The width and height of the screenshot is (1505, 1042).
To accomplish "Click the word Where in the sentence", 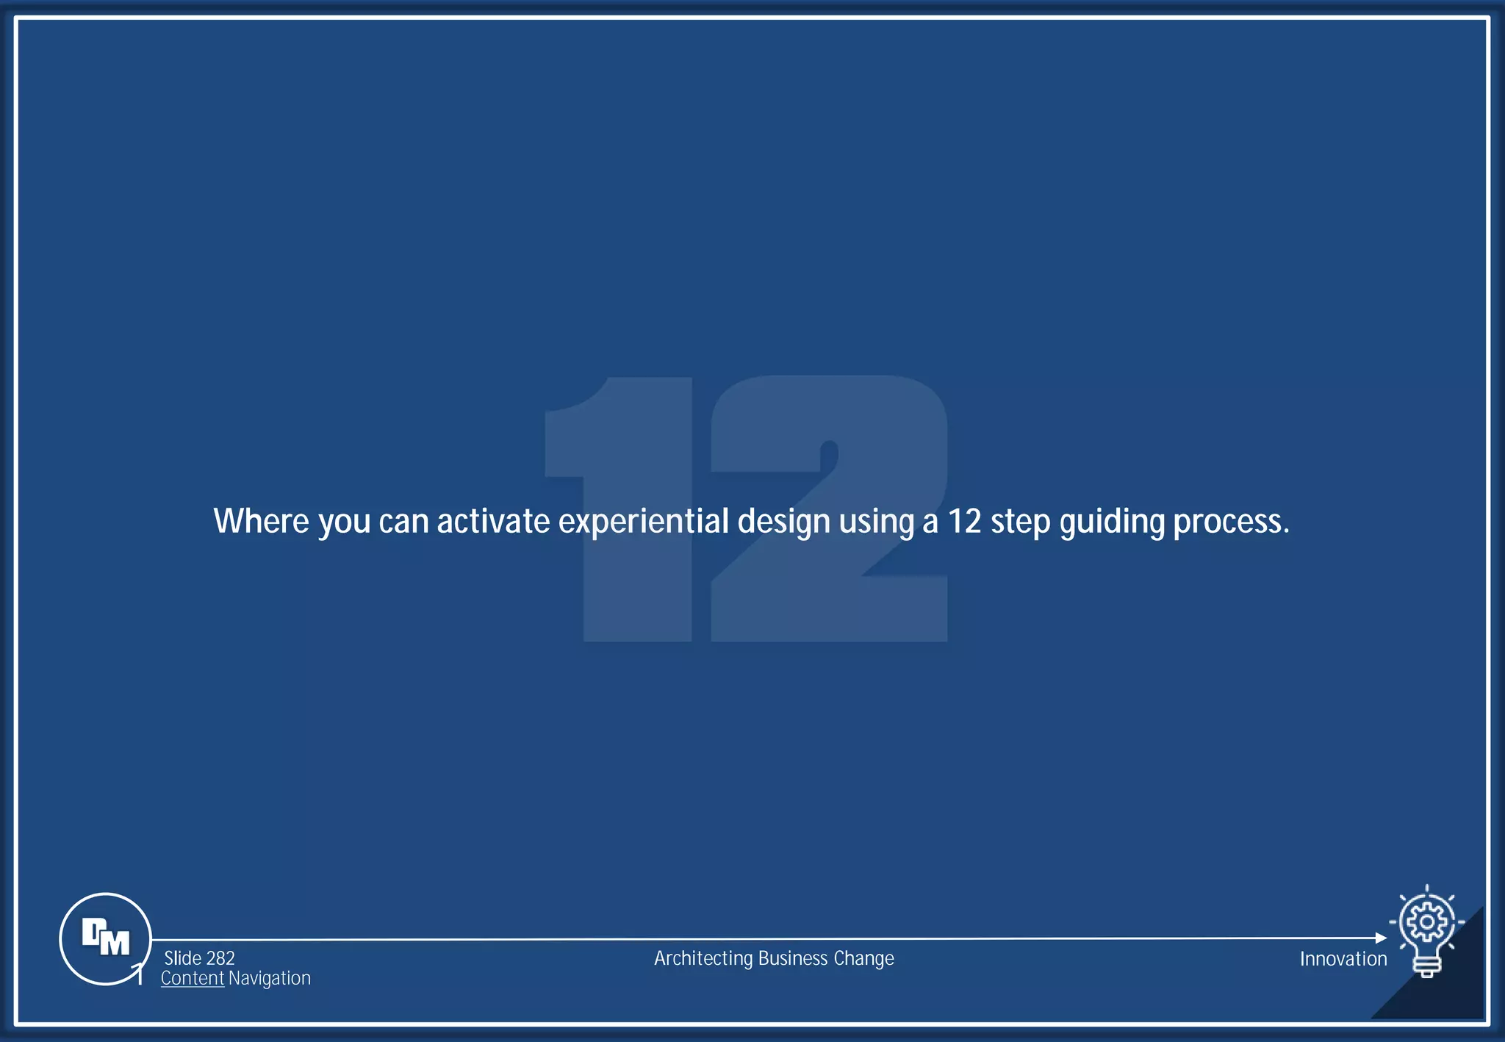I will click(x=261, y=521).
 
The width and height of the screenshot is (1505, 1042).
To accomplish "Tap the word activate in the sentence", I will click(x=493, y=521).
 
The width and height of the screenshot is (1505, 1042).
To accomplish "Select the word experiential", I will click(x=643, y=522).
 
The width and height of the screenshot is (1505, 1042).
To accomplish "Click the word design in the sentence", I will click(x=783, y=522).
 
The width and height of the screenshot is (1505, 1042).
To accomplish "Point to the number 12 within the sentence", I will click(x=964, y=521).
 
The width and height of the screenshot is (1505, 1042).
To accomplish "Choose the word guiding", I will click(x=1112, y=522).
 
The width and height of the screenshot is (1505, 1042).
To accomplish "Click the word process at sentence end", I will click(x=1230, y=522).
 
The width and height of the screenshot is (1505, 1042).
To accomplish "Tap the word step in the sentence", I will click(x=1020, y=522).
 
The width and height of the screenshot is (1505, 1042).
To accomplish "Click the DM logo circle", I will click(x=105, y=938).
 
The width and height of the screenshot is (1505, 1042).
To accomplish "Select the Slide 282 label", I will click(x=199, y=958).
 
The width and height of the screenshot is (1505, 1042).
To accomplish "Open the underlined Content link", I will click(x=192, y=978).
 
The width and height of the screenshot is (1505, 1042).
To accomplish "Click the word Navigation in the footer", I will click(x=270, y=978).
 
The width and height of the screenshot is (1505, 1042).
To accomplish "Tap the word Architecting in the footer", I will click(x=703, y=958).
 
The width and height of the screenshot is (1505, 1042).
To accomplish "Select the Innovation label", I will click(x=1343, y=959).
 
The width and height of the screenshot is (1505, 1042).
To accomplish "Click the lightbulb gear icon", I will click(x=1426, y=930).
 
